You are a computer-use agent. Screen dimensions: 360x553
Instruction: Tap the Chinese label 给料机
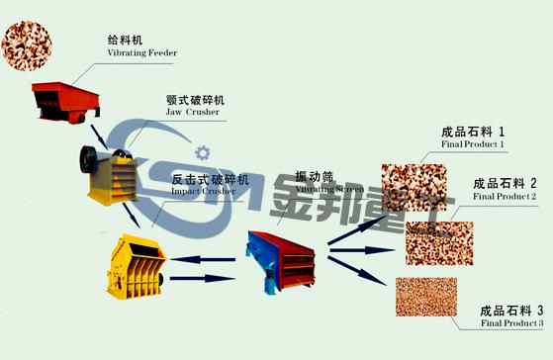[126, 40]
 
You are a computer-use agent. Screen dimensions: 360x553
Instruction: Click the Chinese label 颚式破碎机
[196, 100]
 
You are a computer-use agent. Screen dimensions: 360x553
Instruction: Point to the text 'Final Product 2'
[506, 196]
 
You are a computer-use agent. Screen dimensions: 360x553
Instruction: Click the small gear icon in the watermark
[204, 152]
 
